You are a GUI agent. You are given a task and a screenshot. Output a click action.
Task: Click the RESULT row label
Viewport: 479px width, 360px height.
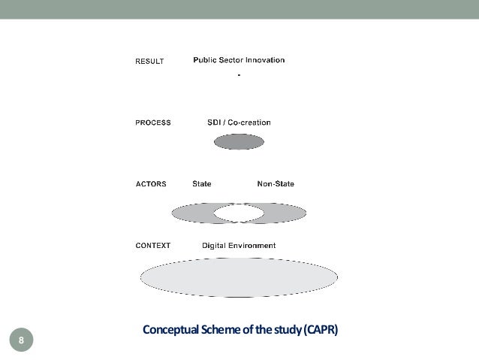[x=149, y=62]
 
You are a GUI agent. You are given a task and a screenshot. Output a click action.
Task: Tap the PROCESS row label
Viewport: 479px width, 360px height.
[x=153, y=123]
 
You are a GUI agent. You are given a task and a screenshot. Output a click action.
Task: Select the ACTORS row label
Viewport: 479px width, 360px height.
[x=151, y=183]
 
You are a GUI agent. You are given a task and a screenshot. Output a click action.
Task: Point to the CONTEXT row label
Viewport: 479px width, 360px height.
[x=153, y=245]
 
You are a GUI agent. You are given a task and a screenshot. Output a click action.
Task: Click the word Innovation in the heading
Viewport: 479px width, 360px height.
[x=262, y=60]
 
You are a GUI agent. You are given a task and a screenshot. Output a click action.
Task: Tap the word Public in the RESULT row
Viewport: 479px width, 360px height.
[x=206, y=60]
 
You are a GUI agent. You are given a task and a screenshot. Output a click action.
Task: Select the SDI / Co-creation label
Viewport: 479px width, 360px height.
[x=239, y=123]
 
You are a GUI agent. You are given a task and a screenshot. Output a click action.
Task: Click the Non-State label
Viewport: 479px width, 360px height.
[x=276, y=183]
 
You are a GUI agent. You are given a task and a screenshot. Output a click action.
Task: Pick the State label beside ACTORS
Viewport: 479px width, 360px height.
[x=202, y=183]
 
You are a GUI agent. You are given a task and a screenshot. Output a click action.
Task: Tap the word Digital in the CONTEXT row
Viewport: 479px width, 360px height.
[x=215, y=245]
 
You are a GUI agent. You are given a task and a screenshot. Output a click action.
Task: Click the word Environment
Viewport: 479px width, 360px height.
[x=252, y=245]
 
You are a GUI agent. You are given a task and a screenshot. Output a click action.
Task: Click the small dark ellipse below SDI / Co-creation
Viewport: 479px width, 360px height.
[x=239, y=141]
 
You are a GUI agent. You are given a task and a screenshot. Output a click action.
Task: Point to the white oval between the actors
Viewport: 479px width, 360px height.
[x=239, y=213]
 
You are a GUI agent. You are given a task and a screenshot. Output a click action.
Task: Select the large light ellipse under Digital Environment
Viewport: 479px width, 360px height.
[x=239, y=277]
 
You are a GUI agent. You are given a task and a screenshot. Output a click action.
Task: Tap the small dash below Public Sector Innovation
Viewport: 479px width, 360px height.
[x=239, y=75]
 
